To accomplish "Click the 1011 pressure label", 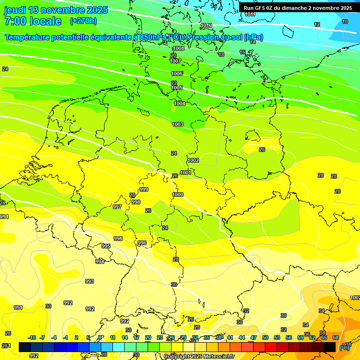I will click(250, 15).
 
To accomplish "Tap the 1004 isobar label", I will click(180, 104).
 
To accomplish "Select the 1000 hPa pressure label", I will click(178, 195).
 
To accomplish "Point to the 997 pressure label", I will click(117, 207).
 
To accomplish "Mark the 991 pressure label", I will click(18, 307).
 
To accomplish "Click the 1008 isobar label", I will click(179, 49).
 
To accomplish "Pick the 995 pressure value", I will click(106, 246).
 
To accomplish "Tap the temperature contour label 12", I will click(317, 24).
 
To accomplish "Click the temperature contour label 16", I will click(242, 52).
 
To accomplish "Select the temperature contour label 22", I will click(174, 83).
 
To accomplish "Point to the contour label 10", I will click(345, 22).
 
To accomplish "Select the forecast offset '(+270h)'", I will click(83, 21).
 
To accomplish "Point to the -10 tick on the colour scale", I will click(32, 337).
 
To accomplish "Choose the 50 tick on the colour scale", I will click(265, 337).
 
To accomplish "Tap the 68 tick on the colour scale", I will click(336, 337).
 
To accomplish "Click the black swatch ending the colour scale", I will click(330, 347).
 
